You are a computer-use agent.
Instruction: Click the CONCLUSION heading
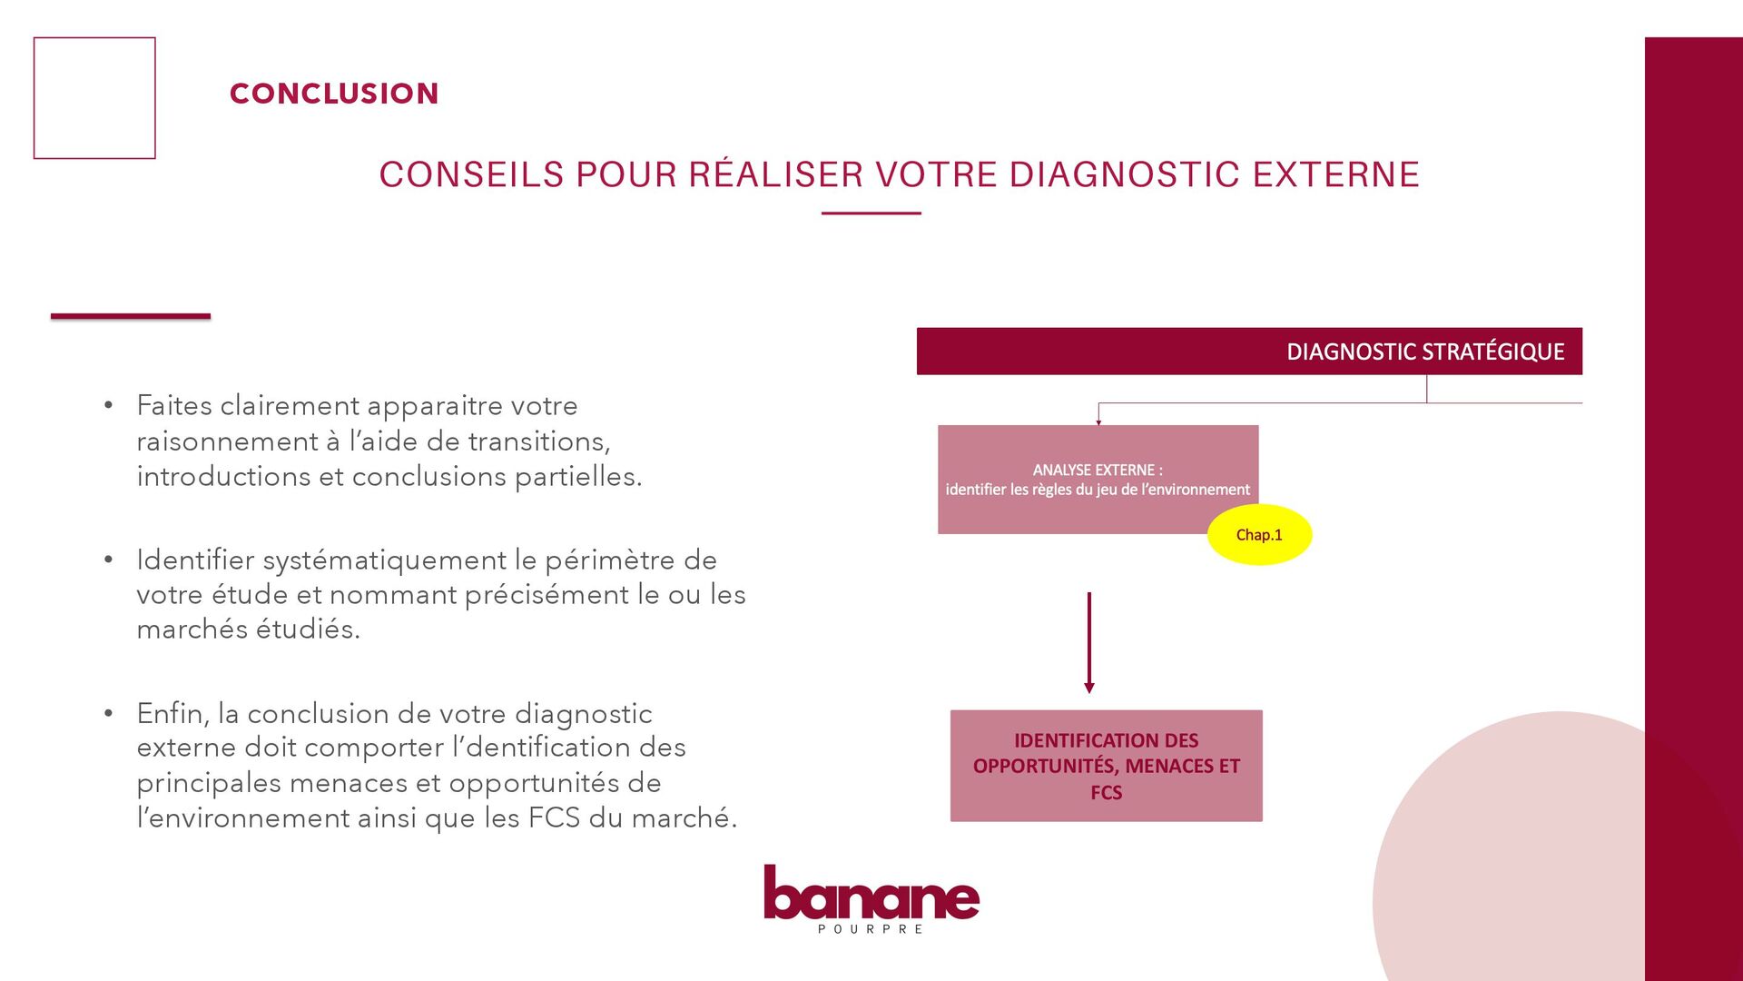pyautogui.click(x=334, y=94)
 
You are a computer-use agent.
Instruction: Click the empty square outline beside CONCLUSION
pyautogui.click(x=94, y=98)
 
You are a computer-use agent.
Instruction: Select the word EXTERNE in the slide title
pyautogui.click(x=1336, y=174)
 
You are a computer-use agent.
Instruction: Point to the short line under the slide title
pyautogui.click(x=871, y=213)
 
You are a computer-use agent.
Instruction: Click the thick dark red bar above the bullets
pyautogui.click(x=131, y=316)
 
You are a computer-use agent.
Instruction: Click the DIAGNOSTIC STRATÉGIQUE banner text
pyautogui.click(x=1425, y=352)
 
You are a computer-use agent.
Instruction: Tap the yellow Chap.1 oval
pyautogui.click(x=1259, y=535)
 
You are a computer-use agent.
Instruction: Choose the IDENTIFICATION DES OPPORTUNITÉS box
pyautogui.click(x=1106, y=766)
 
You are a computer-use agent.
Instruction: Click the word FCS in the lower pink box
pyautogui.click(x=1106, y=793)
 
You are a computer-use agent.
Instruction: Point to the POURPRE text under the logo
pyautogui.click(x=871, y=929)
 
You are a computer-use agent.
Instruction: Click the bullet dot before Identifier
pyautogui.click(x=108, y=560)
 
